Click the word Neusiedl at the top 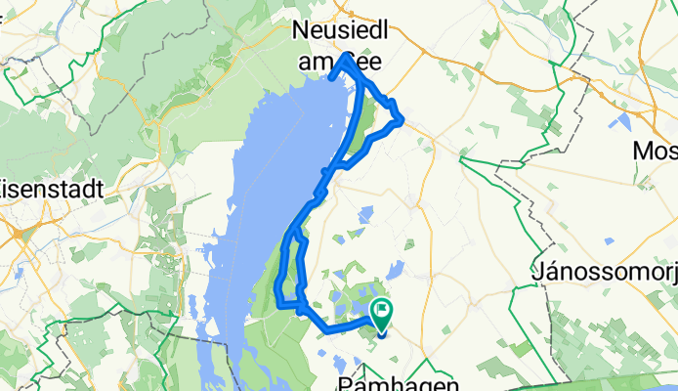[341, 32]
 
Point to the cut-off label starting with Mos [656, 152]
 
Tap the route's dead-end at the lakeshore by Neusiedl [331, 78]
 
